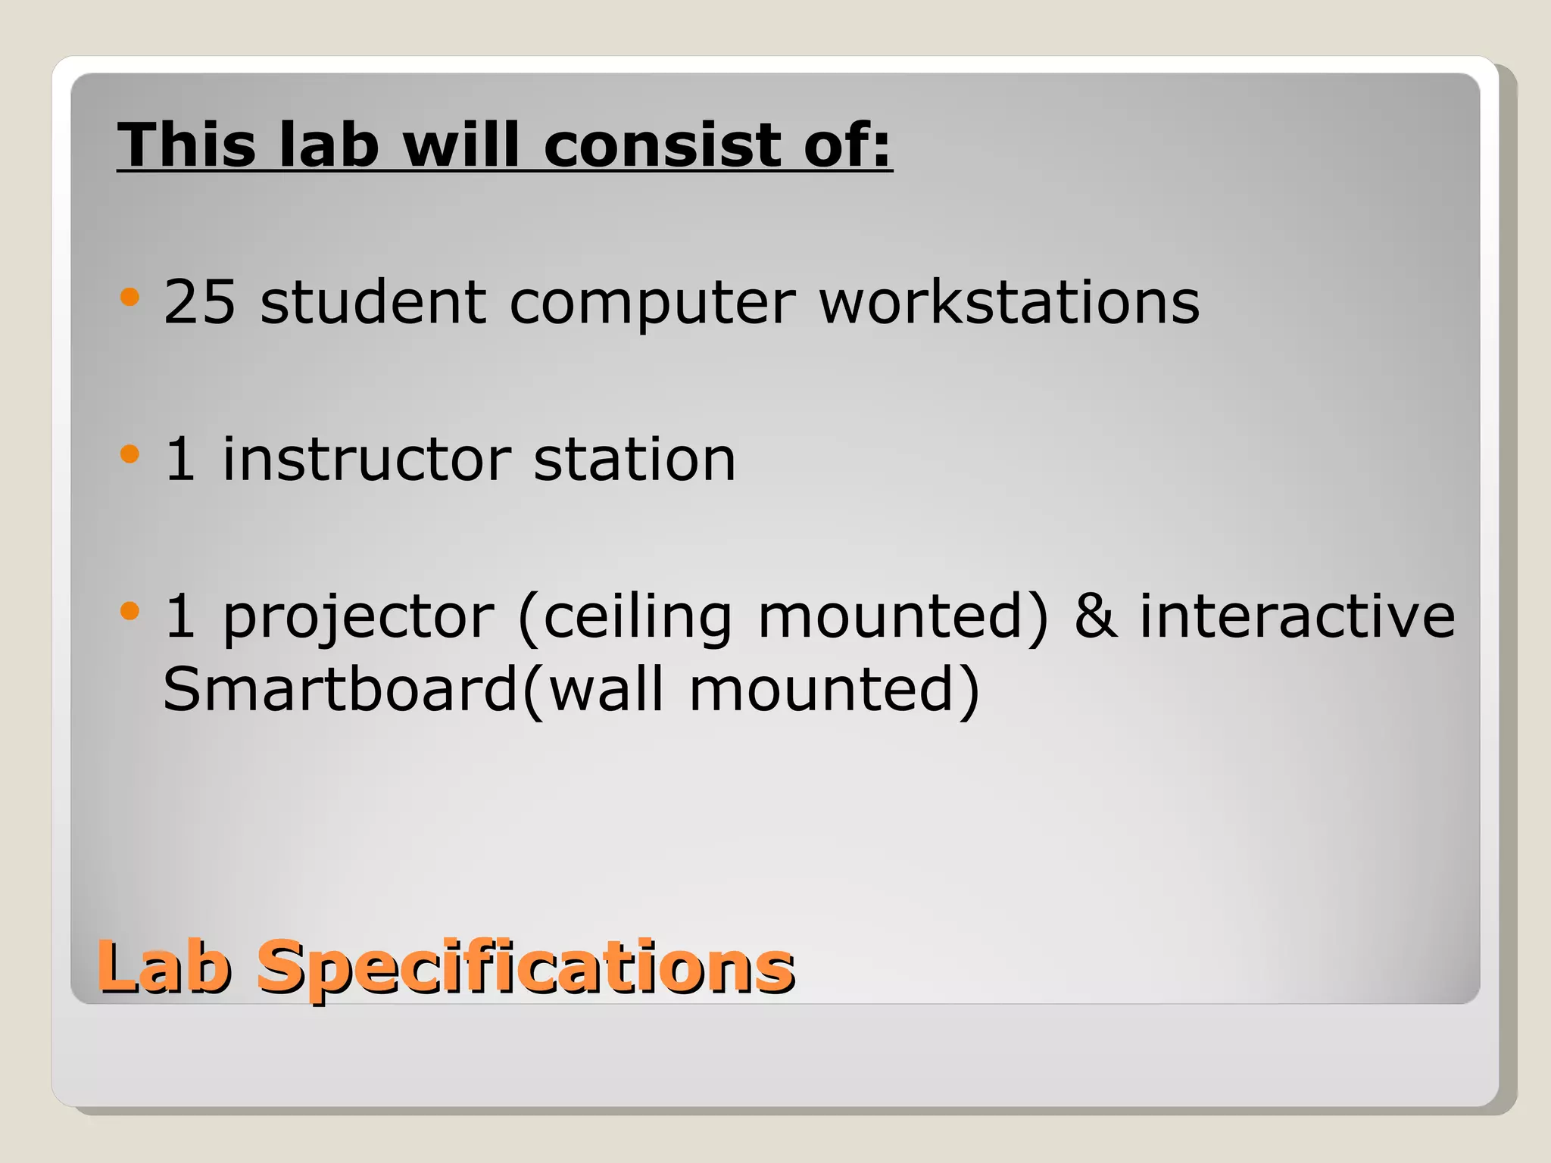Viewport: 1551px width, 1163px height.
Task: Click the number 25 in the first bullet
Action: pos(199,301)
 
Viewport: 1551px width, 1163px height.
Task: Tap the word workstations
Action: pos(1009,301)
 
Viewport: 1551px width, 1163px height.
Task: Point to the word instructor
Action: pos(367,459)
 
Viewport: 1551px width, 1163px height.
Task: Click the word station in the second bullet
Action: pos(634,459)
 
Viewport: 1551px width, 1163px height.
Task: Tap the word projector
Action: pos(358,618)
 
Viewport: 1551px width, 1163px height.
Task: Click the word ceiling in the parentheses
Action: pos(637,618)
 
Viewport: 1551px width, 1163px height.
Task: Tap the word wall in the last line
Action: pos(605,688)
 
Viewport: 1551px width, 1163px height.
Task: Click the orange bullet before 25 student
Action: pos(130,297)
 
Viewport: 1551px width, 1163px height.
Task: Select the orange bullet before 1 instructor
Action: pos(130,454)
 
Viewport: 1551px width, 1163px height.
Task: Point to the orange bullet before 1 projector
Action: pos(130,610)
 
